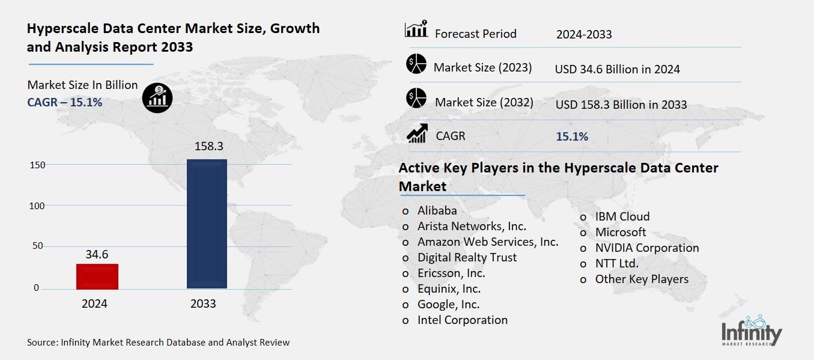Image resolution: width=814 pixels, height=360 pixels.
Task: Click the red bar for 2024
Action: point(97,276)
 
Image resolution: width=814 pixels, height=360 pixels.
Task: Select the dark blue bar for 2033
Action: point(207,224)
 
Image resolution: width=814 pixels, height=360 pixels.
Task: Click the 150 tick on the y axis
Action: point(38,165)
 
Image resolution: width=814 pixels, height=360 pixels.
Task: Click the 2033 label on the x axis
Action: point(203,304)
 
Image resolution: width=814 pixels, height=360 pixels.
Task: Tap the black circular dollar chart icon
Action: point(157,97)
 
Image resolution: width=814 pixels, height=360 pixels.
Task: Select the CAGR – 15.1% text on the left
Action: point(65,102)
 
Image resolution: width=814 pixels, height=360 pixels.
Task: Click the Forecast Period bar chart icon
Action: point(416,29)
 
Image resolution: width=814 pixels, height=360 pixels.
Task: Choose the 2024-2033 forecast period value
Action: point(584,34)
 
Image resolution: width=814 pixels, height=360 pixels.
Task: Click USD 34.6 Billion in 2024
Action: point(617,69)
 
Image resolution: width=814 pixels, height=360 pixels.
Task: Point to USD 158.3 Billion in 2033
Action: point(621,105)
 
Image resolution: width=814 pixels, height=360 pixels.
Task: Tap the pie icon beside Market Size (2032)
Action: point(416,98)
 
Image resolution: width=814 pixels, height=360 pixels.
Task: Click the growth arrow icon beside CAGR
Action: point(416,133)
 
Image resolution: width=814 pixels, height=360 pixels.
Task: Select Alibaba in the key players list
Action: point(437,210)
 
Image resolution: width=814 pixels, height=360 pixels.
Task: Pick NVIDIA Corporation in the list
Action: point(646,248)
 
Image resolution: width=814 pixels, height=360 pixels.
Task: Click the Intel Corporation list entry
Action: point(462,320)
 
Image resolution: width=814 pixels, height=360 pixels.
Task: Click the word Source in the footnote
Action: point(41,343)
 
